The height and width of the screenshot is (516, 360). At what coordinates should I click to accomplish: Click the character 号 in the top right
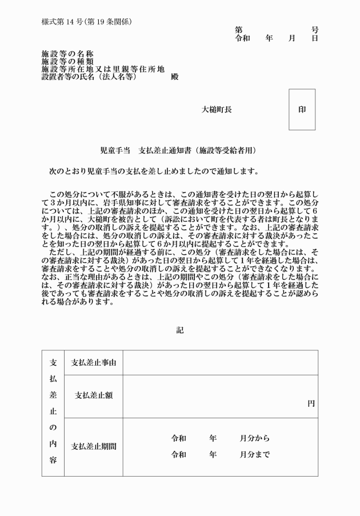(x=314, y=30)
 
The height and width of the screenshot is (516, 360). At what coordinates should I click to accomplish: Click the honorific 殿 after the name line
(x=174, y=77)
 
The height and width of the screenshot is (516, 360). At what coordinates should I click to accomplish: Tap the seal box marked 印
(x=302, y=109)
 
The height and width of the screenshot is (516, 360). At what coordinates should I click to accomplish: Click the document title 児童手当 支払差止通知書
(x=146, y=151)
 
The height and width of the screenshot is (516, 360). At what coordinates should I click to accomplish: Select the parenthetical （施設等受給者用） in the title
(x=225, y=151)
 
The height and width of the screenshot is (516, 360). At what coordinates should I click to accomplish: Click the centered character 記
(x=180, y=330)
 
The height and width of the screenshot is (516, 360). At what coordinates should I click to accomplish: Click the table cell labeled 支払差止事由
(x=93, y=363)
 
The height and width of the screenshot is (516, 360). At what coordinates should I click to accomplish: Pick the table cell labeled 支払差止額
(x=93, y=395)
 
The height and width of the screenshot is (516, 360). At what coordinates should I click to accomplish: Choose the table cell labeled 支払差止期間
(x=93, y=446)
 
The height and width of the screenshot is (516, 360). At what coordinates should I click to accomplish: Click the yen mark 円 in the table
(x=311, y=403)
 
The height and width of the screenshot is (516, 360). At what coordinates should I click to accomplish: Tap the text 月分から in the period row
(x=254, y=438)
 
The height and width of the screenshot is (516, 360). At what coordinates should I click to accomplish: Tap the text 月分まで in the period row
(x=254, y=455)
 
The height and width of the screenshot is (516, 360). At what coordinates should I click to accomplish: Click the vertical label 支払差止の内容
(x=53, y=411)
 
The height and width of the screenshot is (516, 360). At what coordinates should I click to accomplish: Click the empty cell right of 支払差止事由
(x=220, y=363)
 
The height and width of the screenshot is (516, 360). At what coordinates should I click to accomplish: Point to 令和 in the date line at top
(x=243, y=38)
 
